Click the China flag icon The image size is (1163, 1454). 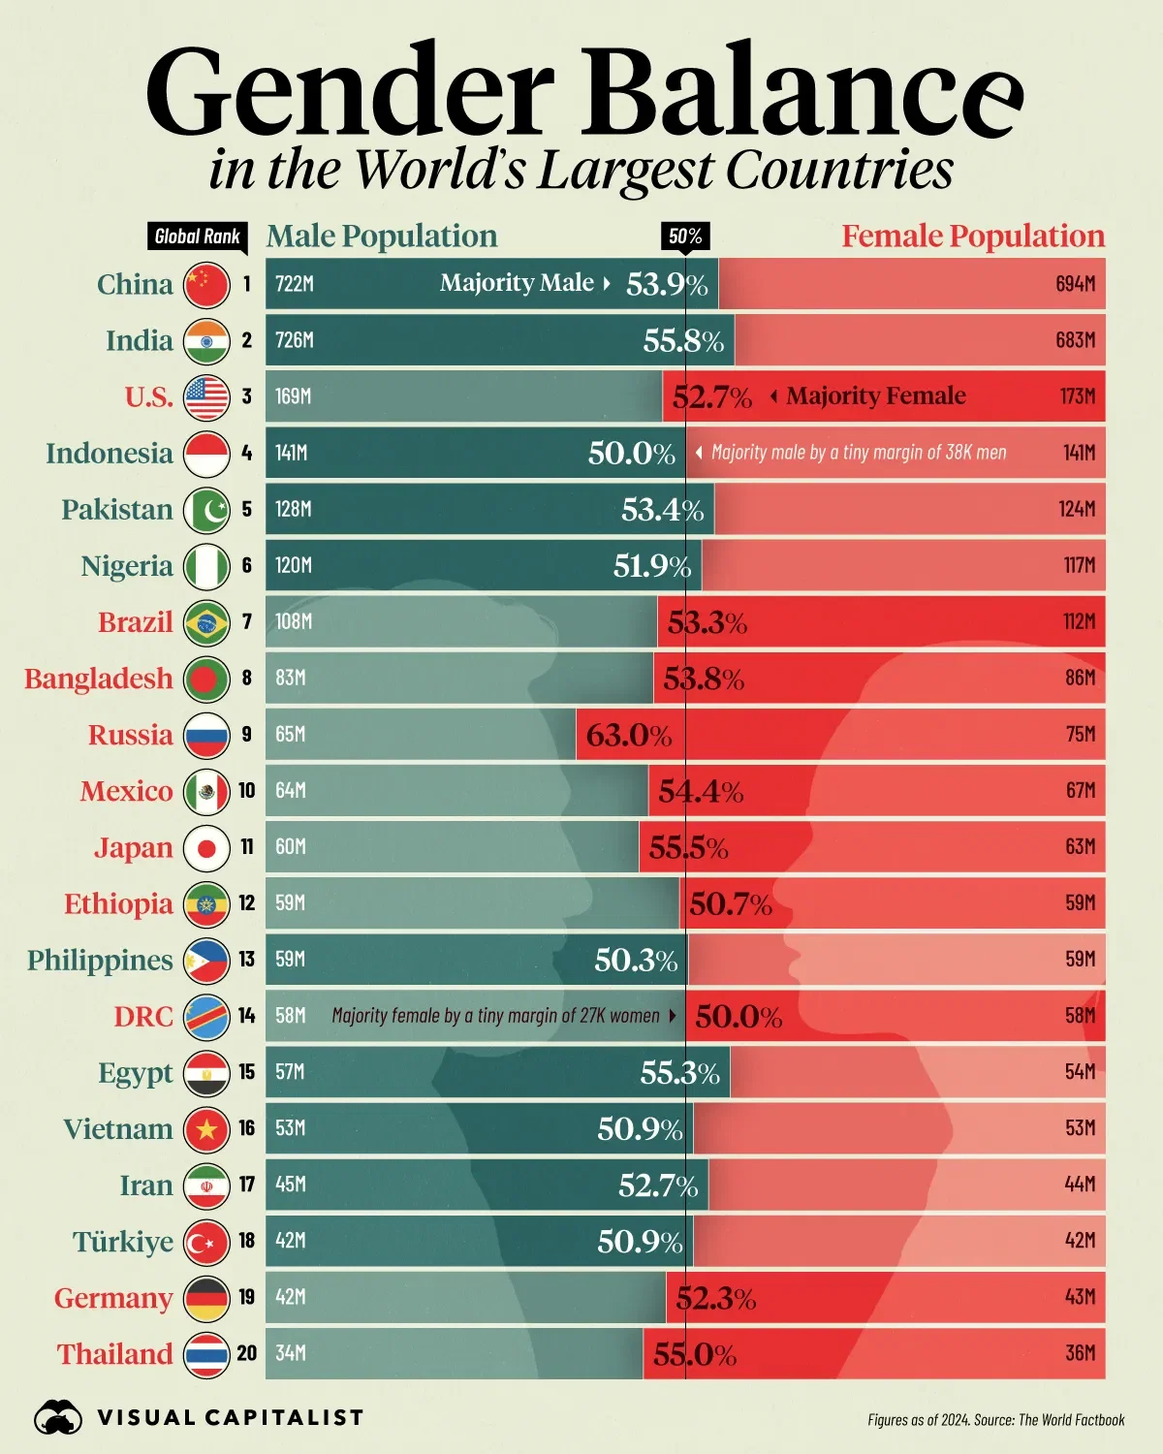(206, 284)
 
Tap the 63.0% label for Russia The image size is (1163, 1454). (628, 735)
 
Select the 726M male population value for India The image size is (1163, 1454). (294, 340)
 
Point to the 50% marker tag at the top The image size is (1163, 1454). (685, 237)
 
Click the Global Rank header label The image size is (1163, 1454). (198, 237)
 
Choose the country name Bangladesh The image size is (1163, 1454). (98, 679)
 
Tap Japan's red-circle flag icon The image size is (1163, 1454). (206, 848)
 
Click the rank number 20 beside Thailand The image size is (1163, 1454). (247, 1353)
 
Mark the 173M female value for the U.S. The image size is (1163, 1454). (1077, 396)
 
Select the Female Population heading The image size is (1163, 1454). (972, 237)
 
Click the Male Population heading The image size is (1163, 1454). (382, 237)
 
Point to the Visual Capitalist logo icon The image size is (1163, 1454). (58, 1418)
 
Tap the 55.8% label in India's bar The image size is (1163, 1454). (683, 340)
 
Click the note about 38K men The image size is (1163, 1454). (858, 453)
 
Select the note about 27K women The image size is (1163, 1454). (495, 1016)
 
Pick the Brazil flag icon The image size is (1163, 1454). (206, 622)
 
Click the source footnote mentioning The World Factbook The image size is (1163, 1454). (995, 1420)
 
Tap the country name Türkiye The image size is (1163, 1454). (122, 1242)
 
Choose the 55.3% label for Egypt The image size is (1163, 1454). (679, 1073)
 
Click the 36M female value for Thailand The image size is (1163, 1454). (1080, 1353)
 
